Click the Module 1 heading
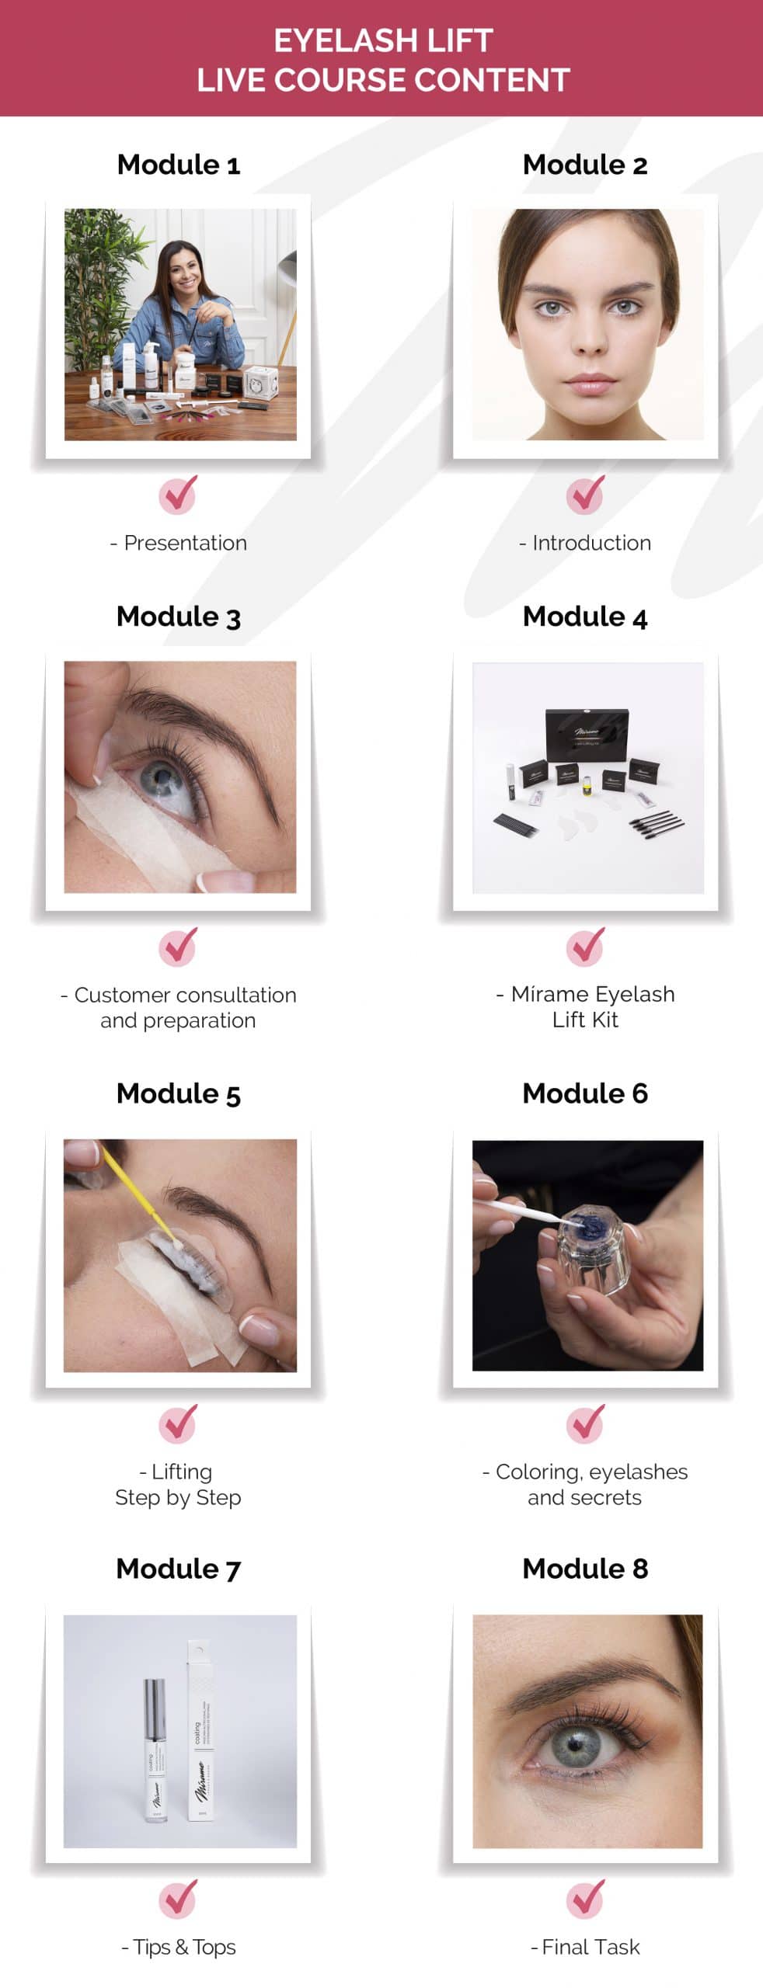click(x=179, y=165)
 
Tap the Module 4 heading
click(x=585, y=617)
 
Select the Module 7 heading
click(x=179, y=1569)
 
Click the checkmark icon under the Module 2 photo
click(x=585, y=494)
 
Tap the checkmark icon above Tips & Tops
click(x=179, y=1898)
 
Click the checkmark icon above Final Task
click(x=585, y=1898)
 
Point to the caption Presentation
click(x=179, y=543)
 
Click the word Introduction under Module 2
click(x=591, y=543)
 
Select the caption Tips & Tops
click(x=179, y=1947)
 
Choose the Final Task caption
click(x=586, y=1947)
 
